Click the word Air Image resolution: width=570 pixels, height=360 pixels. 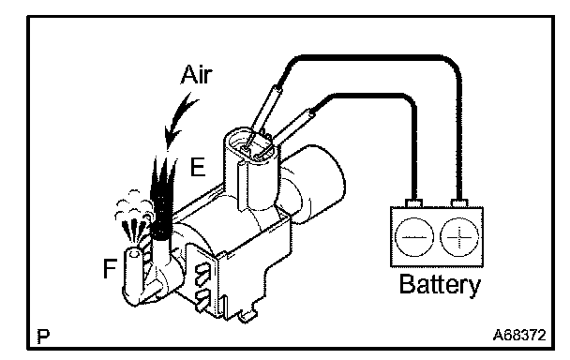coord(196,75)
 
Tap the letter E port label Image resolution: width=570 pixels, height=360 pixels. coord(198,168)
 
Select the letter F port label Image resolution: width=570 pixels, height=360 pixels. coord(110,268)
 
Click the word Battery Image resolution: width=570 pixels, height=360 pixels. coord(440,284)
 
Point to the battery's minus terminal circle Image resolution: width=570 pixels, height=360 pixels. coord(414,237)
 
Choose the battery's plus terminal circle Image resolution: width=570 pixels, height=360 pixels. coord(459,237)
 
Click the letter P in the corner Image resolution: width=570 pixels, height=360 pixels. coord(43,337)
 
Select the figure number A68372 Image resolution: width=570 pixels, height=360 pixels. coord(519,335)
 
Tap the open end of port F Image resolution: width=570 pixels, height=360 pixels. coord(133,253)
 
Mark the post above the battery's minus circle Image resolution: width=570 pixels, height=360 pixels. coord(413,203)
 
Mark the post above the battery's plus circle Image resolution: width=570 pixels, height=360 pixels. coord(459,203)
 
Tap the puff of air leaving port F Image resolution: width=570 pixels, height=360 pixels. coord(133,218)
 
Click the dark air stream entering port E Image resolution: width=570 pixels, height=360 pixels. coord(163,196)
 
